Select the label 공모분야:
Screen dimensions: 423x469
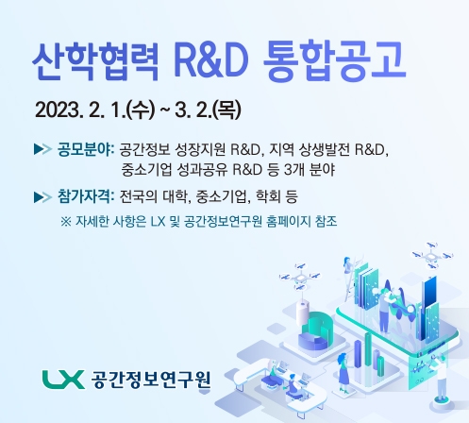point(86,150)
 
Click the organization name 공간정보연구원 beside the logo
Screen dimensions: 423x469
point(152,381)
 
